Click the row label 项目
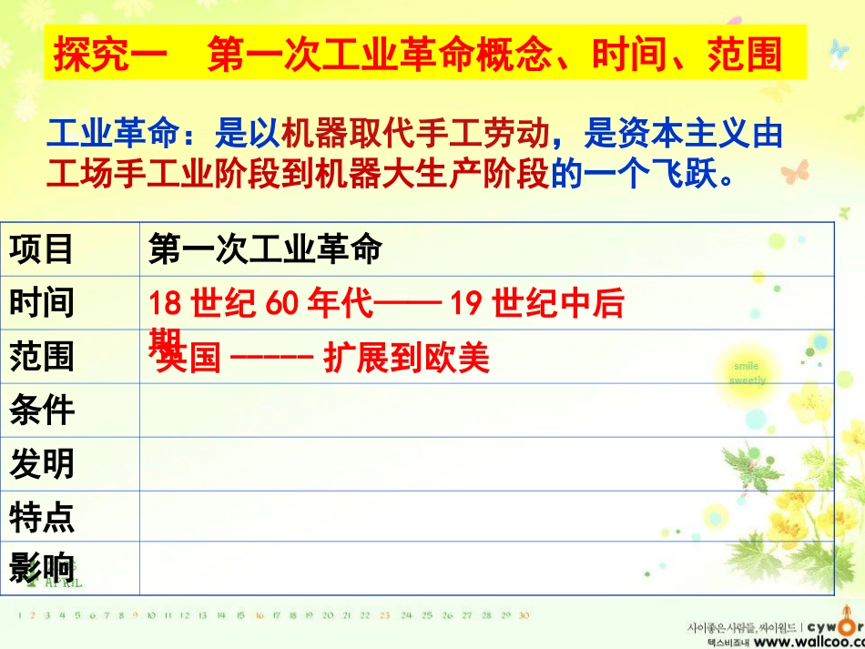point(42,248)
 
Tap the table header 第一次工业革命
point(264,248)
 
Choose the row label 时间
point(42,302)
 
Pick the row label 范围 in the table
point(42,356)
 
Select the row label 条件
point(42,410)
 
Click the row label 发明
point(42,464)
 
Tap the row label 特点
point(42,517)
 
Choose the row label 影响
point(42,568)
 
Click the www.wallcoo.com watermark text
point(801,642)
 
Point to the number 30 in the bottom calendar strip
point(524,615)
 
